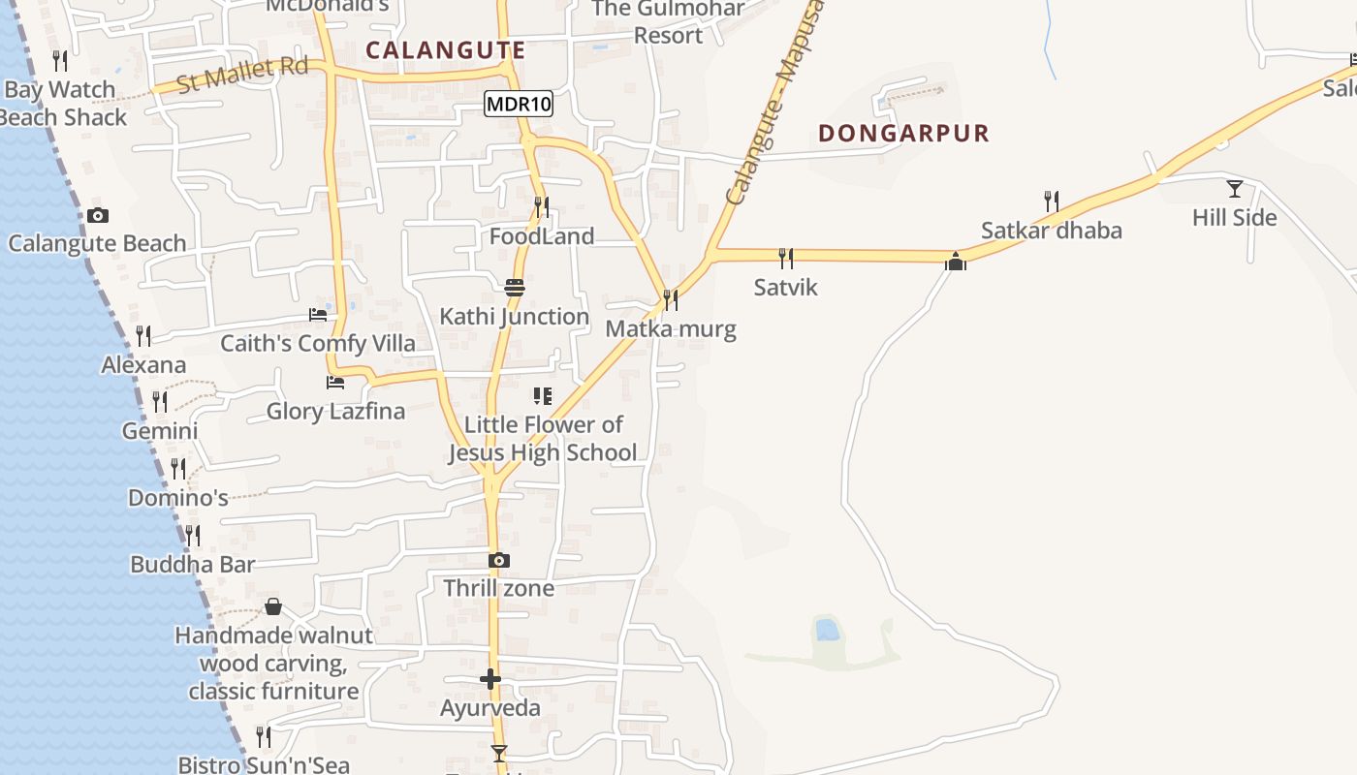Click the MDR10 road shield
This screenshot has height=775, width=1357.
(519, 104)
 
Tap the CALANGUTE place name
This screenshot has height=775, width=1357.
(445, 50)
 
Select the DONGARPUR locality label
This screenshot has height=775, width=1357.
(903, 134)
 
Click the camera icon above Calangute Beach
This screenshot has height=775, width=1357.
(97, 215)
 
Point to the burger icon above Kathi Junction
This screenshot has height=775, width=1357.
(514, 288)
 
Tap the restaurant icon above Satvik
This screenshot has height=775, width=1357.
(785, 258)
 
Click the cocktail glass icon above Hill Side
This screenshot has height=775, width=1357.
(1234, 188)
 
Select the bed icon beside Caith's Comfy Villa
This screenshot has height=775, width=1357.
(317, 314)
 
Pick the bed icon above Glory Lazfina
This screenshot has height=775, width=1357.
(335, 382)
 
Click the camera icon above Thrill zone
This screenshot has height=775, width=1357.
(498, 560)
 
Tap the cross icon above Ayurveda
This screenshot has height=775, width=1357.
(490, 679)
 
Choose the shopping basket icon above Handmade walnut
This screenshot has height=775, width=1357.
(273, 606)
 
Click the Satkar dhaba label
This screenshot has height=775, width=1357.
(1051, 231)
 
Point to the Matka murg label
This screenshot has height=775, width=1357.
(670, 329)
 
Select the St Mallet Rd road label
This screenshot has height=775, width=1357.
(243, 75)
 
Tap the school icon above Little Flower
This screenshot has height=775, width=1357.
(542, 396)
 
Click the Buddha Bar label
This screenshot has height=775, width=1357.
(192, 565)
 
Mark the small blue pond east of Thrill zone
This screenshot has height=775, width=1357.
(827, 630)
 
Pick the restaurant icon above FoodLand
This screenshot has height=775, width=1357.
(542, 206)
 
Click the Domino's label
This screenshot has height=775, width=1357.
(178, 498)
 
